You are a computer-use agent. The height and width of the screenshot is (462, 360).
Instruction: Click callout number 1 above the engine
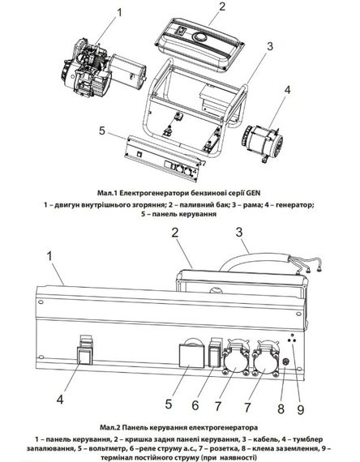pos(119,13)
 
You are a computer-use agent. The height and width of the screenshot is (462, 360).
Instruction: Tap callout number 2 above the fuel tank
pos(221,6)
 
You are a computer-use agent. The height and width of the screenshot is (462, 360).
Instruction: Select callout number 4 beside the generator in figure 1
pos(287,90)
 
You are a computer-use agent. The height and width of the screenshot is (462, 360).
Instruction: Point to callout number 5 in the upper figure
pos(102,130)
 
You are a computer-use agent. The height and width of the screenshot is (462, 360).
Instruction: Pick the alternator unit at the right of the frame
pos(263,142)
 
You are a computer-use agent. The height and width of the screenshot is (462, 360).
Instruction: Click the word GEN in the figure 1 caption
pos(254,193)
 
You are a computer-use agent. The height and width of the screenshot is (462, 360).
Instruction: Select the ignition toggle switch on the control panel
pos(85,355)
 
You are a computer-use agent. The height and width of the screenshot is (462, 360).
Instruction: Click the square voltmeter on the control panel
pos(192,356)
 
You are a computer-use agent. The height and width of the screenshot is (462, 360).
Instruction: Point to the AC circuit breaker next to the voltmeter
pos(215,355)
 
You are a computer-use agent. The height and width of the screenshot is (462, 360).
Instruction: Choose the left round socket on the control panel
pos(236,361)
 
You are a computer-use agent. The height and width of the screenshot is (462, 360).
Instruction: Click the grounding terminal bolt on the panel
pos(285,362)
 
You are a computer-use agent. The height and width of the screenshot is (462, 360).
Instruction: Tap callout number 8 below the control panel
pos(281,409)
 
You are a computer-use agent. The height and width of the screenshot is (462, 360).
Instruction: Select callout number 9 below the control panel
pos(301,410)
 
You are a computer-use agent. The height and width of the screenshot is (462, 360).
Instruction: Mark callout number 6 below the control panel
pos(195,405)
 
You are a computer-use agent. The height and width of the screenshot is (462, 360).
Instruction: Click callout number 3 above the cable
pos(239,232)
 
